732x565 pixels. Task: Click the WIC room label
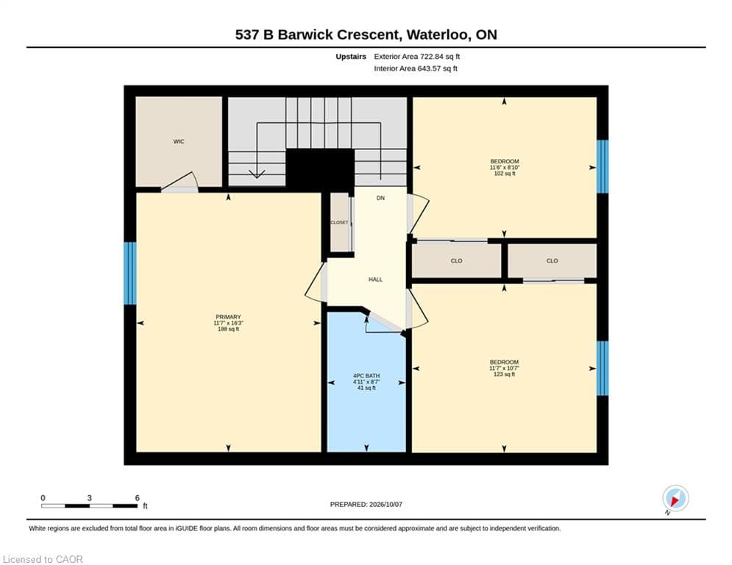pos(179,141)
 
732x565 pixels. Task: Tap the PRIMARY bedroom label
pos(228,317)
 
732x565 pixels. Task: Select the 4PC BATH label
pos(366,376)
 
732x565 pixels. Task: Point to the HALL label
pos(375,280)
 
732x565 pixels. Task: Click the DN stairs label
pos(380,198)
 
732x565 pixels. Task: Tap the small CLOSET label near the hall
pos(339,222)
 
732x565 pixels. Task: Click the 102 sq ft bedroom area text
pos(505,173)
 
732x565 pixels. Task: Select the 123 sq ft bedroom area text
pos(504,374)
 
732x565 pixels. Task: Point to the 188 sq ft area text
pos(228,329)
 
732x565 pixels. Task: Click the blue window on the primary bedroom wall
pos(130,273)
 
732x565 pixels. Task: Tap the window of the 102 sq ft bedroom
pos(603,166)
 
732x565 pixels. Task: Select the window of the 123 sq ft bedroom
pos(603,368)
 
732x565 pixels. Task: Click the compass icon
pos(675,498)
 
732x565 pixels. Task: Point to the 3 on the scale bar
pos(89,498)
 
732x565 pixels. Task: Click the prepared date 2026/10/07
pos(385,504)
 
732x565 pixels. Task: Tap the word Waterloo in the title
pos(438,35)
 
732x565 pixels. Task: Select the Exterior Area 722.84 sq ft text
pos(417,57)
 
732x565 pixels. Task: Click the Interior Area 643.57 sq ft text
pos(416,68)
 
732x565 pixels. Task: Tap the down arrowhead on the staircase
pos(257,174)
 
